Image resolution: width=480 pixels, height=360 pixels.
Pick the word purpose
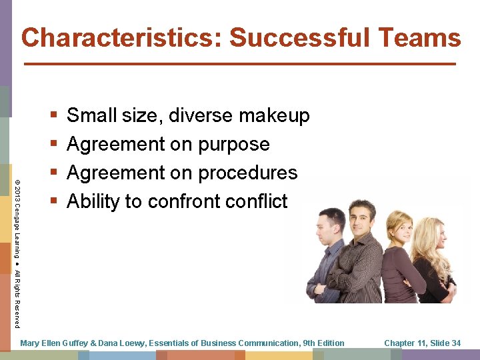click(233, 144)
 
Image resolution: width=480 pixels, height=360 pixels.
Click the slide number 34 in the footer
click(455, 343)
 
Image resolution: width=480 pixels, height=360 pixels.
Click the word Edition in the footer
click(331, 343)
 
